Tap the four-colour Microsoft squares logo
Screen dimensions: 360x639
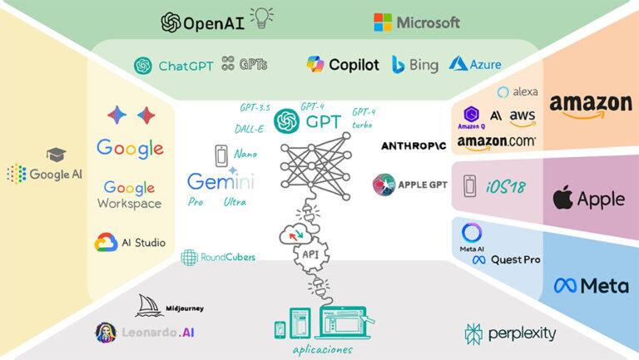pos(384,22)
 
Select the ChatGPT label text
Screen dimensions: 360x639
pos(186,66)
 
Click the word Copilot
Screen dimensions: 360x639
pos(354,65)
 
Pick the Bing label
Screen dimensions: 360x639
pos(424,65)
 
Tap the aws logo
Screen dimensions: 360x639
pos(523,116)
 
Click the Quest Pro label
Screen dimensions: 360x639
pos(515,259)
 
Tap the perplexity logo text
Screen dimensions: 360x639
pos(522,334)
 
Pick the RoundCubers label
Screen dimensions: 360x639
pos(223,258)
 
